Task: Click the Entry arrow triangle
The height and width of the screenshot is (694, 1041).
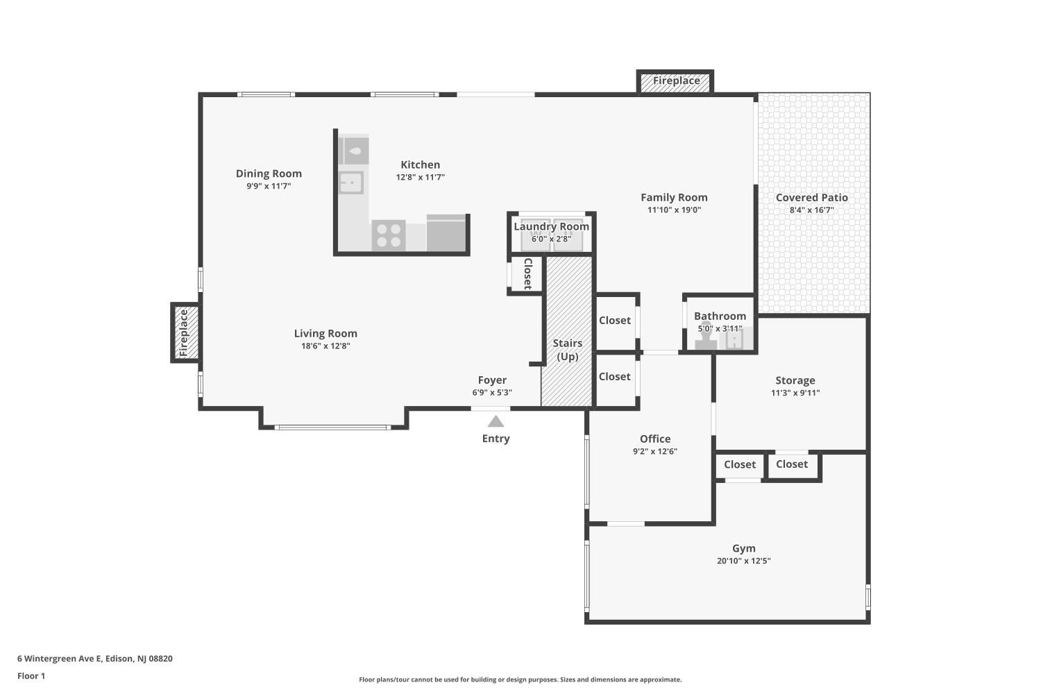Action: click(496, 421)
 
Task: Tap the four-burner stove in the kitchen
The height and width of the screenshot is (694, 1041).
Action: click(388, 235)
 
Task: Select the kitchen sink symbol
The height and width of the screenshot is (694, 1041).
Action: click(351, 183)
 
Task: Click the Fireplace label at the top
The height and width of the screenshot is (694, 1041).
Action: click(676, 81)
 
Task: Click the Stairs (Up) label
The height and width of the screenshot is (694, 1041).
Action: click(567, 350)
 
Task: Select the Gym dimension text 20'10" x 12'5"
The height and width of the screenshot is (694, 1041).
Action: click(743, 561)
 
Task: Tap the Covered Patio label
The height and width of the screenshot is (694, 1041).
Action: click(811, 198)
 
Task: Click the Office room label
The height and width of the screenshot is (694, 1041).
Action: click(654, 439)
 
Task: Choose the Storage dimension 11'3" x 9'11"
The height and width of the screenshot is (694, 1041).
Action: click(795, 393)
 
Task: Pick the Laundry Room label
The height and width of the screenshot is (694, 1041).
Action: click(551, 226)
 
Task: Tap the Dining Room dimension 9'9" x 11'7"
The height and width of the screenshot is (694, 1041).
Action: click(269, 186)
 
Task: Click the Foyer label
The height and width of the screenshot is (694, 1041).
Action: click(492, 380)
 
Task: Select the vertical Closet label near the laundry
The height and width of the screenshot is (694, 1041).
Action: click(527, 273)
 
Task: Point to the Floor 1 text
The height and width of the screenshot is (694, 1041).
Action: click(31, 676)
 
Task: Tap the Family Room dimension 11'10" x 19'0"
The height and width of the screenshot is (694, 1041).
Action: click(674, 210)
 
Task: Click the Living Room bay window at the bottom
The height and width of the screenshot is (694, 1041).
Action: click(333, 427)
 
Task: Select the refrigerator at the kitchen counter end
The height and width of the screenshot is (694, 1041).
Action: click(446, 233)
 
